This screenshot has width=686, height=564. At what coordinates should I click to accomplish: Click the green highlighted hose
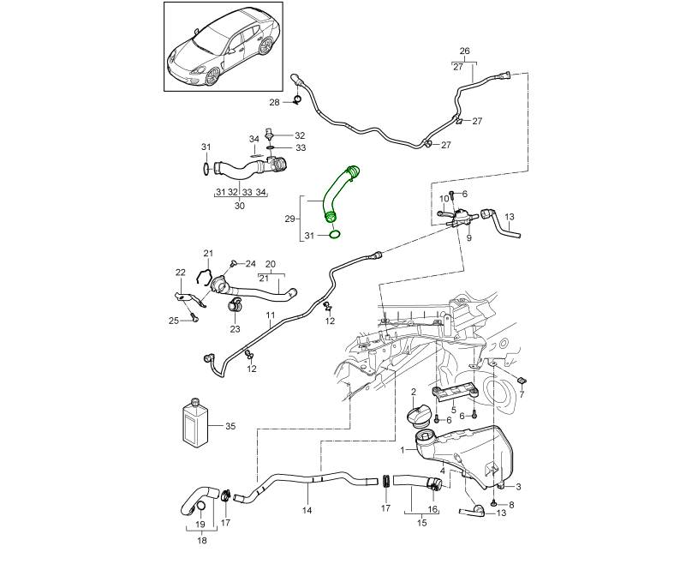[337, 195]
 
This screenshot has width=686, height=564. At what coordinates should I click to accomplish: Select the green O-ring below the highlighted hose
[337, 234]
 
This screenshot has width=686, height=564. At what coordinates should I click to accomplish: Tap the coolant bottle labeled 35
[196, 423]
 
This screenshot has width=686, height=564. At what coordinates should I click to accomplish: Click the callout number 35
[230, 426]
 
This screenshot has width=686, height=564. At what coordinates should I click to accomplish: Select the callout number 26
[465, 50]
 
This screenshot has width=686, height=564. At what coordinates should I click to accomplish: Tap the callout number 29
[289, 219]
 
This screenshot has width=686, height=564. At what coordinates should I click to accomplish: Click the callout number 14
[307, 510]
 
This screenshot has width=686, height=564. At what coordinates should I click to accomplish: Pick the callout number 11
[269, 316]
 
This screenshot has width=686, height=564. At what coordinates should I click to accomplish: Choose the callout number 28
[274, 103]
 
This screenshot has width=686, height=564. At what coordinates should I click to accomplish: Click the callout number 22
[181, 273]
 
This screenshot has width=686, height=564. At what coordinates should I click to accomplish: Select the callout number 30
[239, 206]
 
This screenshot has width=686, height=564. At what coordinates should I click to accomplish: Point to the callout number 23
[235, 329]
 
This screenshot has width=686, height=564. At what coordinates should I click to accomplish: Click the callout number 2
[413, 392]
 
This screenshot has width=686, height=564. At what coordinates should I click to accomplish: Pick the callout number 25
[173, 321]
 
